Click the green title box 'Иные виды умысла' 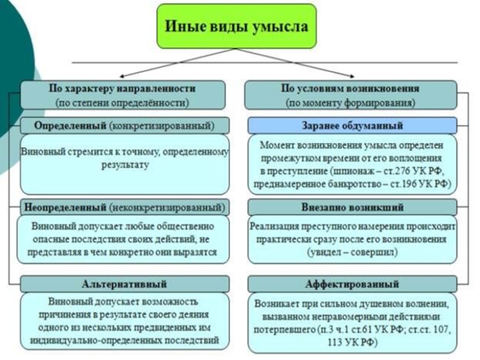(x=236, y=26)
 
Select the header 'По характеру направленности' (x=122, y=88)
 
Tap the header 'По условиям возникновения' (x=351, y=88)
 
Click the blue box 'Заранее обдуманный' (x=352, y=125)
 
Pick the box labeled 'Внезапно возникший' (x=352, y=207)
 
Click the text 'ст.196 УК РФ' (x=422, y=184)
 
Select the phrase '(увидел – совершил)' (x=352, y=253)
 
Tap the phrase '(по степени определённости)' (x=122, y=103)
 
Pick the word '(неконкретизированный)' (x=167, y=207)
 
